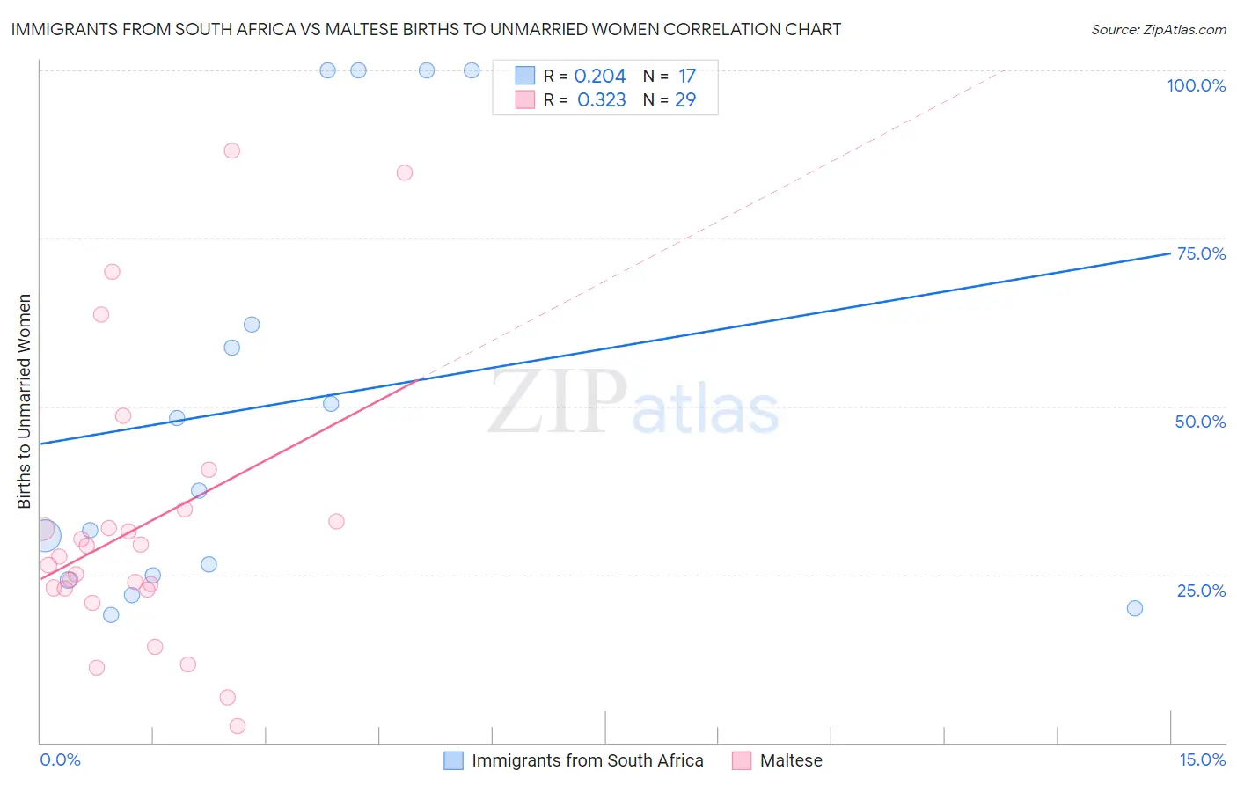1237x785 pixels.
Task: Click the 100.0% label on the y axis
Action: (x=1196, y=85)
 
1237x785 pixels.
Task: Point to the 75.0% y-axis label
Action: (x=1201, y=253)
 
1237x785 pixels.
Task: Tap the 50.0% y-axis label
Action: (x=1200, y=422)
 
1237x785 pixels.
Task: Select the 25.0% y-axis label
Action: (x=1201, y=591)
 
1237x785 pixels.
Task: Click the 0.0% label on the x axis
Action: (x=60, y=759)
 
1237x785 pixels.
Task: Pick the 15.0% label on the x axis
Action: (x=1202, y=759)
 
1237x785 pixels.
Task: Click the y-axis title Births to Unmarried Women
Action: (x=25, y=401)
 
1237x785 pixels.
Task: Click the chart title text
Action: (x=426, y=29)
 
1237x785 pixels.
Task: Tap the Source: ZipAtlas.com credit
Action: (x=1158, y=29)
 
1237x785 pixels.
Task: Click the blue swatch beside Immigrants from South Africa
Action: (x=453, y=760)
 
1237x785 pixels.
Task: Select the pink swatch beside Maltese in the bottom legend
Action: (x=742, y=760)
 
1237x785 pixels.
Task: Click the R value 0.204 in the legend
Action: (x=599, y=77)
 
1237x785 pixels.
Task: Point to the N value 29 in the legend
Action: (x=685, y=100)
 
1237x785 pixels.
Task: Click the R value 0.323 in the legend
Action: (x=601, y=100)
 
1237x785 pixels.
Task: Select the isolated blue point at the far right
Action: (x=1135, y=608)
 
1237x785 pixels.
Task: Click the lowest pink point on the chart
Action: (x=238, y=726)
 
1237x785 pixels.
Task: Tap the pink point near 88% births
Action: (x=231, y=150)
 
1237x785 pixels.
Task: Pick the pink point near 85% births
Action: (x=405, y=172)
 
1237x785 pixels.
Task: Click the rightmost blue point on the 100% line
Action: (x=472, y=70)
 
